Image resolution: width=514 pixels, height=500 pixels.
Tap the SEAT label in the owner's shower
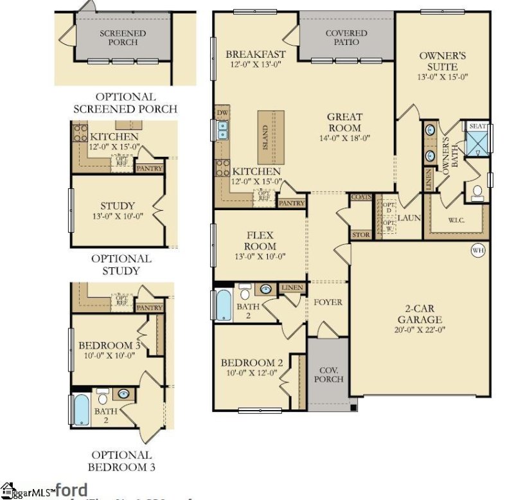click(477, 127)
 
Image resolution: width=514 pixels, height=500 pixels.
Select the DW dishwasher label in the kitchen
click(222, 113)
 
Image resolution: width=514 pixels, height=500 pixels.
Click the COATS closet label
click(361, 197)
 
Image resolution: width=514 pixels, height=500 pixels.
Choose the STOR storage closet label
click(361, 235)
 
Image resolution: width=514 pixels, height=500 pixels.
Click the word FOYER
click(328, 302)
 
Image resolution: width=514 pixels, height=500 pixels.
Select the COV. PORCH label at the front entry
click(328, 373)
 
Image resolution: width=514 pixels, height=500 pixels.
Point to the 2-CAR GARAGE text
click(419, 314)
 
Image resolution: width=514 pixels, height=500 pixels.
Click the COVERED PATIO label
click(346, 37)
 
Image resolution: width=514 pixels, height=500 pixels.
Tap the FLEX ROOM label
click(260, 240)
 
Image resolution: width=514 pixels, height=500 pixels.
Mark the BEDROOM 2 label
click(252, 363)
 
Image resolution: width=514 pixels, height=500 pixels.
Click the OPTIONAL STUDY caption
click(121, 264)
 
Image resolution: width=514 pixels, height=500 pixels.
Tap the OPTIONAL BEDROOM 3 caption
click(121, 461)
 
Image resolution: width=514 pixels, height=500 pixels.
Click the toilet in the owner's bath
click(477, 192)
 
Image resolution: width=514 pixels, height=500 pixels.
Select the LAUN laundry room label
click(409, 218)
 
